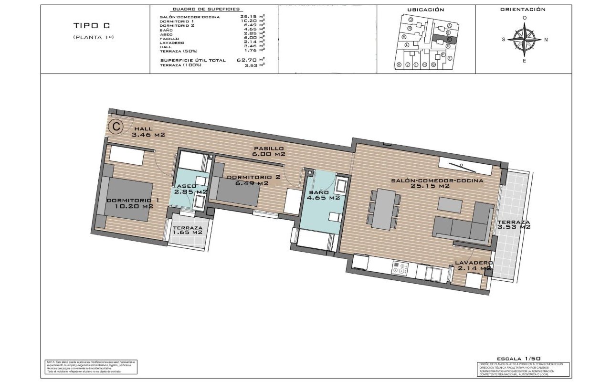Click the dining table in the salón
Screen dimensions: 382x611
(384, 209)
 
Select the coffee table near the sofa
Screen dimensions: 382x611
(450, 204)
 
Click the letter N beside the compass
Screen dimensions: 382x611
(546, 40)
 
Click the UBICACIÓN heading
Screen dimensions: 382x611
(425, 10)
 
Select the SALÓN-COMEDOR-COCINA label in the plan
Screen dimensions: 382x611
(437, 183)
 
